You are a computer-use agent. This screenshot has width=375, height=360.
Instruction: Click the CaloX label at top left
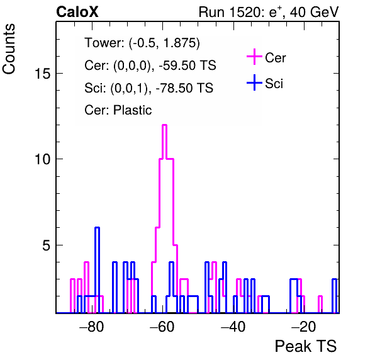77,12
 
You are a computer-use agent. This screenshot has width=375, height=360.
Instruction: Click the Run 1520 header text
269,12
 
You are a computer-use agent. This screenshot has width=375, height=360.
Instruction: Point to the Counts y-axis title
9,49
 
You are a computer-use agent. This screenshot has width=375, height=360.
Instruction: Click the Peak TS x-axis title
306,346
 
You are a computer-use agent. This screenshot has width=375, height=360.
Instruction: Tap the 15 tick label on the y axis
43,73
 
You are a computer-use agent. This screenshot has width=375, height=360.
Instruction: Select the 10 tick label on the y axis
43,159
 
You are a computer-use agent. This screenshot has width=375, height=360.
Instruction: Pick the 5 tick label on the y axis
47,245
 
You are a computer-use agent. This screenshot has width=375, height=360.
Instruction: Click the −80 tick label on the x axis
92,327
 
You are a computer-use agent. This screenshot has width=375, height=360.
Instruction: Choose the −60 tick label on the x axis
162,327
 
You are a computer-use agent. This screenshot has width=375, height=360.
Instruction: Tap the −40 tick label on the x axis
233,327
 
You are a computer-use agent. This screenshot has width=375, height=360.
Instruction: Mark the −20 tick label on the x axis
304,327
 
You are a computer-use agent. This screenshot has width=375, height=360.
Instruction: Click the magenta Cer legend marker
254,57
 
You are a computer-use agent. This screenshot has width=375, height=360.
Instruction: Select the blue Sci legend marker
254,82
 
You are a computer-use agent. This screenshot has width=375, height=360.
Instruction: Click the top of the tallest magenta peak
164,125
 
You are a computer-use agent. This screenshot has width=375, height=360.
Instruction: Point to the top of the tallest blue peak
97,227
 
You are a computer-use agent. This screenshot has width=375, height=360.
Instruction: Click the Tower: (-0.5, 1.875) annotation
142,43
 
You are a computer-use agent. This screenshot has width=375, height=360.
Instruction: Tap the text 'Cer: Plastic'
118,110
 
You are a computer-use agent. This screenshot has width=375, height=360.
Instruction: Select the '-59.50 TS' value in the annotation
187,65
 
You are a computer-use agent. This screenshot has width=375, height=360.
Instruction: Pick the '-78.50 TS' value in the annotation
184,87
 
